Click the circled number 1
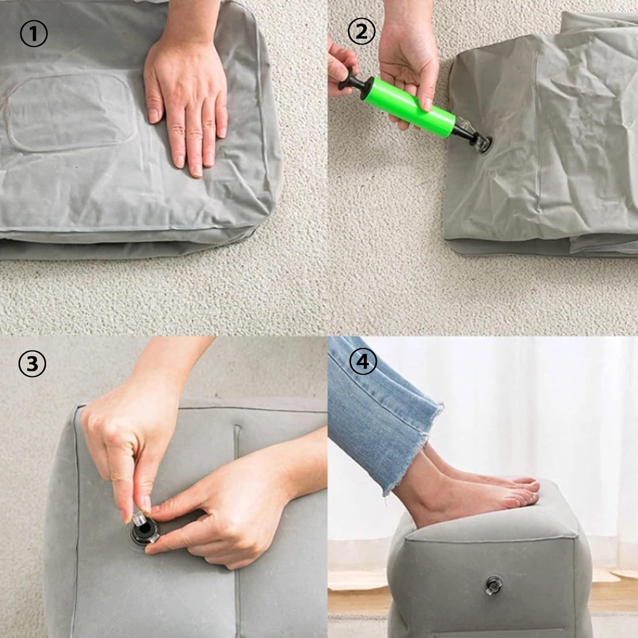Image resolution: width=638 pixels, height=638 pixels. pos(34,34)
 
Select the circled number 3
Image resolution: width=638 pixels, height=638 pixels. pos(32,365)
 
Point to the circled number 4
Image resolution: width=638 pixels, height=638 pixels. pos(363,362)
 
